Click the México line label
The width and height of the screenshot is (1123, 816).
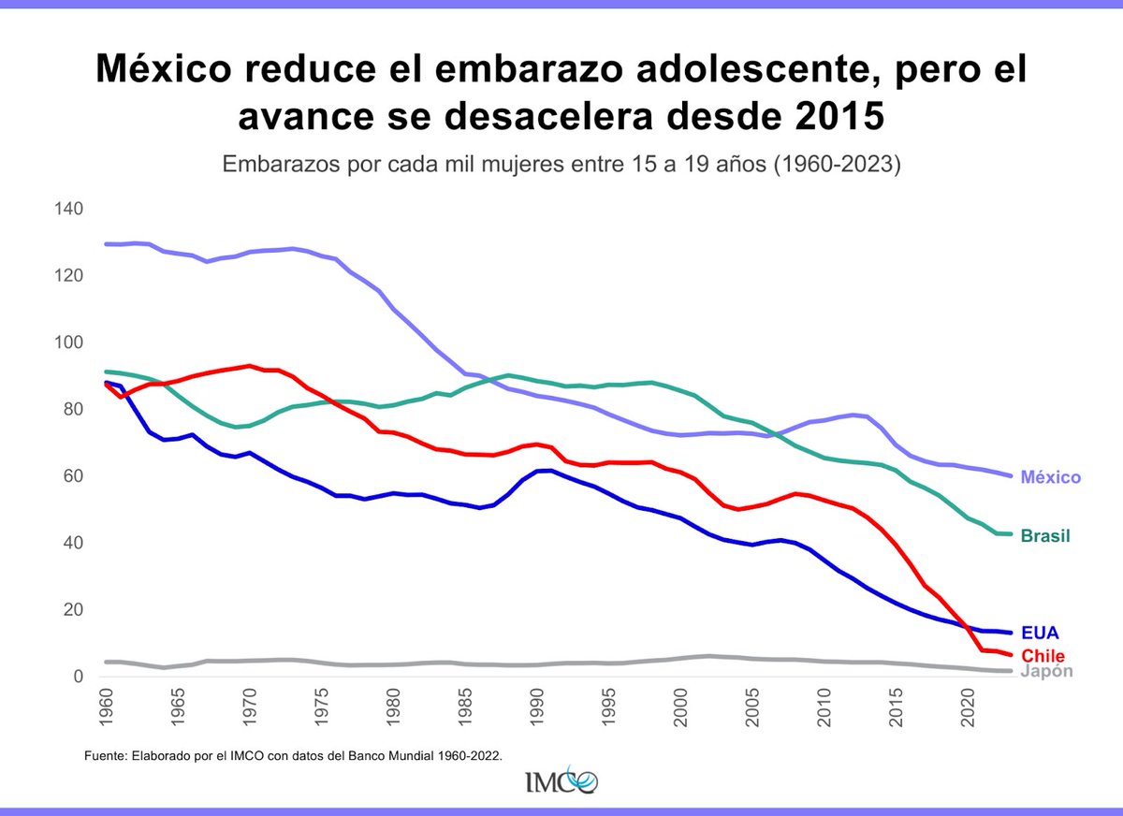coord(1050,477)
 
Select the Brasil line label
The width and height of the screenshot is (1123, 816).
coord(1044,536)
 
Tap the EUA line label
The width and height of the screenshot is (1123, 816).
coord(1040,633)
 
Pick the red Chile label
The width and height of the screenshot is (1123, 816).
coord(1043,654)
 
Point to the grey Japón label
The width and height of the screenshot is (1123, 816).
coord(1046,672)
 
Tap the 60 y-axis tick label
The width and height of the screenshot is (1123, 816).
coord(73,476)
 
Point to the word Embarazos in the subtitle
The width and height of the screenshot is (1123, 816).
coord(266,166)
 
